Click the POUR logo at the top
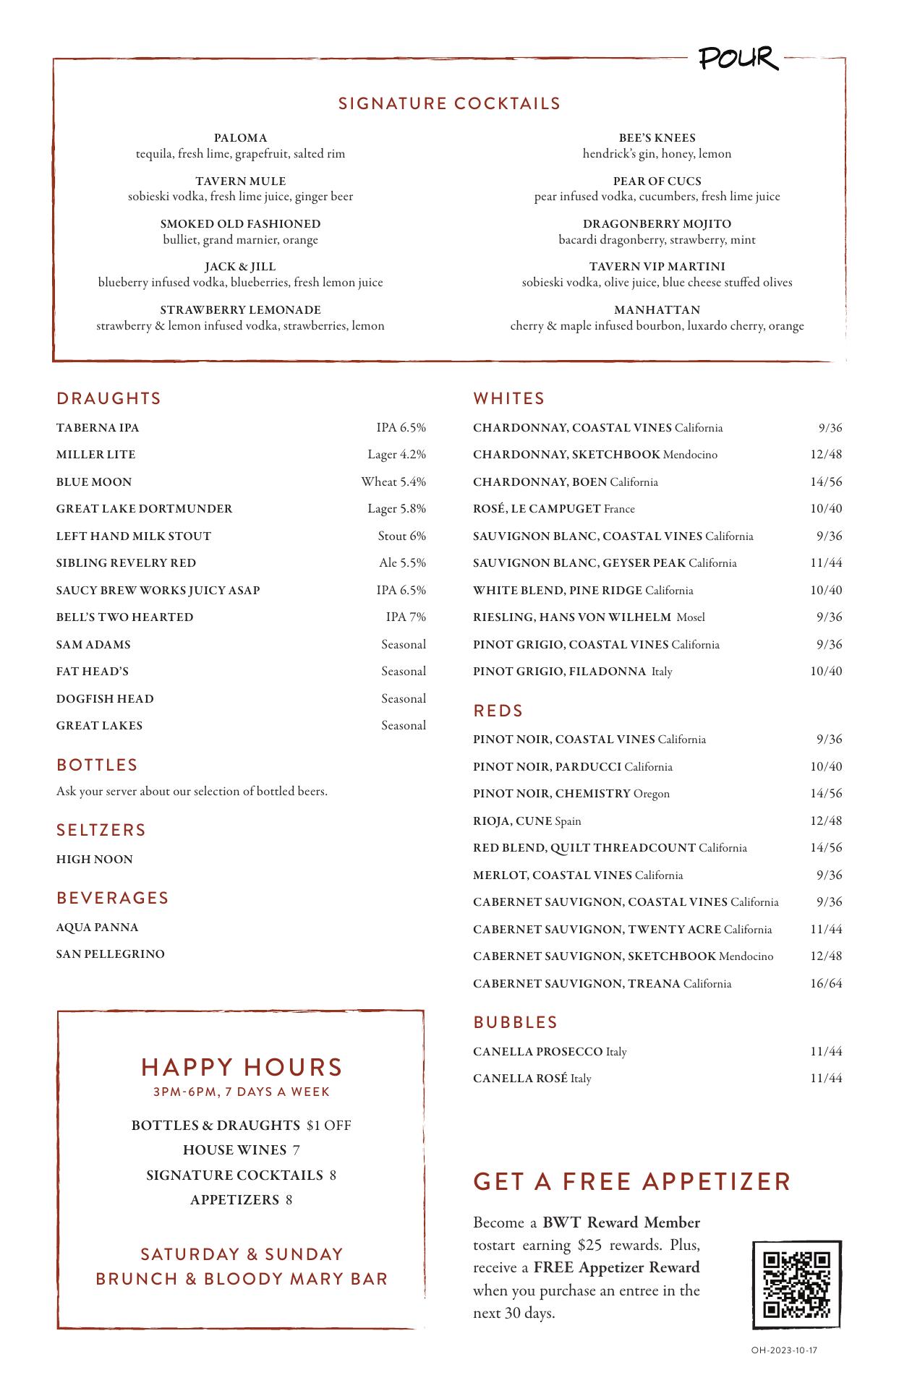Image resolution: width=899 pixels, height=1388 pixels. pyautogui.click(x=738, y=59)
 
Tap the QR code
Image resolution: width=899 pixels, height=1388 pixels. pyautogui.click(x=797, y=1284)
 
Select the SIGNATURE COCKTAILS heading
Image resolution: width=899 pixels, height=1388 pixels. pyautogui.click(x=449, y=103)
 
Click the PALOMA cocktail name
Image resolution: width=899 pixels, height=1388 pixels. pyautogui.click(x=240, y=138)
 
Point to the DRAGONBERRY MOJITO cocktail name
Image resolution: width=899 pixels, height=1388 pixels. pyautogui.click(x=657, y=224)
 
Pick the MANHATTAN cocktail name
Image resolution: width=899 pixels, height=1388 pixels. pyautogui.click(x=657, y=310)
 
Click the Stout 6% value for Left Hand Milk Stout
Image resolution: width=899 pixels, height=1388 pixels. pyautogui.click(x=401, y=536)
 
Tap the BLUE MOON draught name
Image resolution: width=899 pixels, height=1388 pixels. pyautogui.click(x=94, y=481)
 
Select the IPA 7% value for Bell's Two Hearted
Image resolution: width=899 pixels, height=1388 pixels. pyautogui.click(x=406, y=617)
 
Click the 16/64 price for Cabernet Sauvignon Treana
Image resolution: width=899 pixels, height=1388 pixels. pyautogui.click(x=826, y=983)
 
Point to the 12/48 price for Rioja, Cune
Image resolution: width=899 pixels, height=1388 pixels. pyautogui.click(x=826, y=821)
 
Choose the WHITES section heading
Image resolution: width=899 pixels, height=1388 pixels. pyautogui.click(x=509, y=398)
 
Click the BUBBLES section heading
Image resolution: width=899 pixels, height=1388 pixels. pyautogui.click(x=516, y=1022)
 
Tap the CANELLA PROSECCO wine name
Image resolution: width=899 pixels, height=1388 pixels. pyautogui.click(x=537, y=1051)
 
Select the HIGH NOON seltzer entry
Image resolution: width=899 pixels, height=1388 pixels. pyautogui.click(x=95, y=860)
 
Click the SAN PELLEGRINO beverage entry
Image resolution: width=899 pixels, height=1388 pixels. pyautogui.click(x=111, y=954)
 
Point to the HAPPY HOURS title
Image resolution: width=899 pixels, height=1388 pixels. pyautogui.click(x=242, y=1067)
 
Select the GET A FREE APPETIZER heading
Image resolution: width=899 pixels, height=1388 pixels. pyautogui.click(x=632, y=1181)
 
